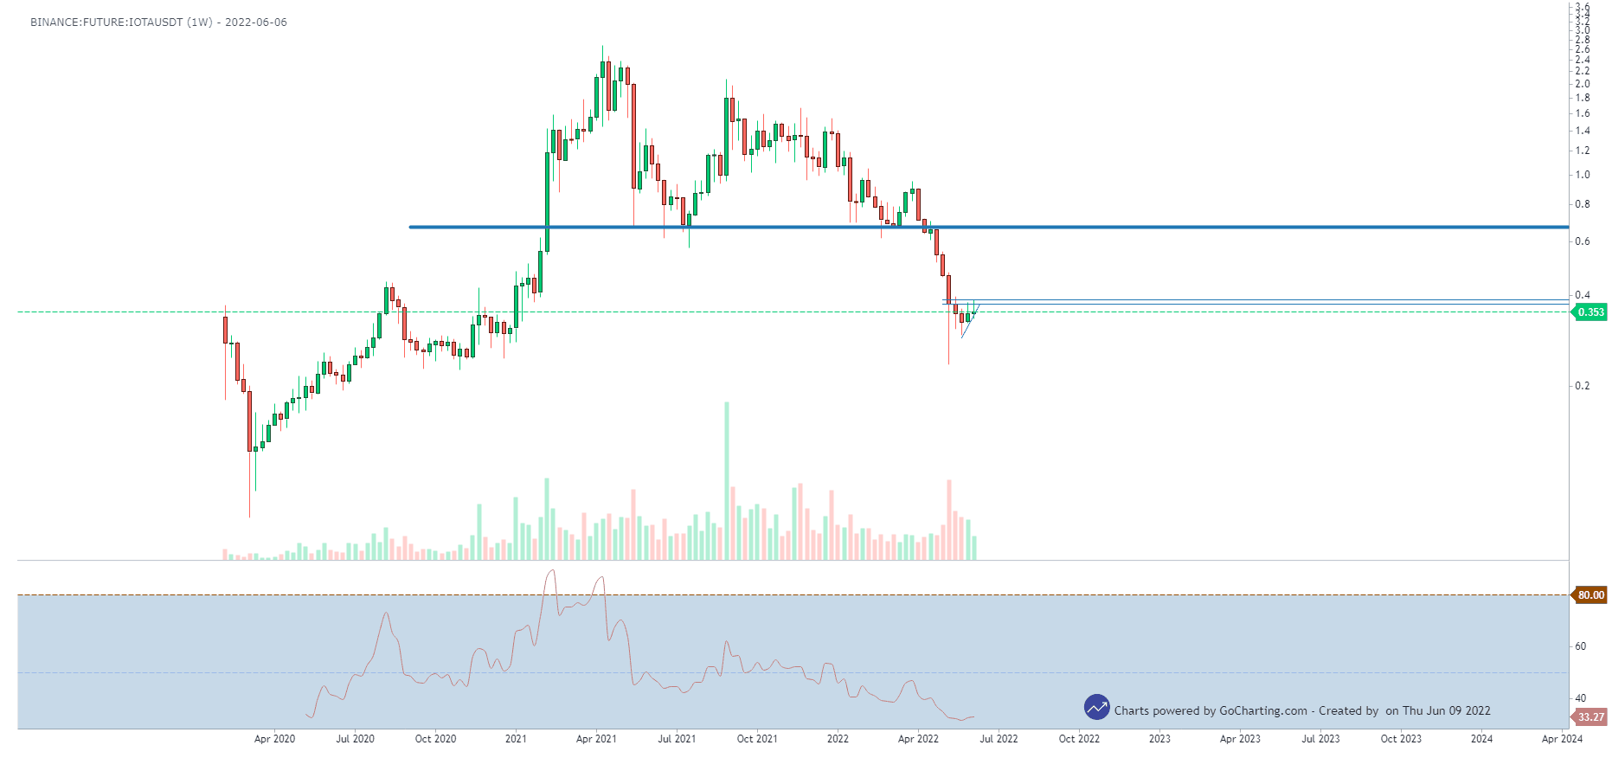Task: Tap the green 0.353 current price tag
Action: coord(1590,312)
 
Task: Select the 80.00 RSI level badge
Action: coord(1590,595)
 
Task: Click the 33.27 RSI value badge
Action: coord(1590,717)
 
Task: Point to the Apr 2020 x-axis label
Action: coord(274,739)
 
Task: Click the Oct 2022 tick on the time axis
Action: coord(1079,739)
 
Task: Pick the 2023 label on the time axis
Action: coord(1159,739)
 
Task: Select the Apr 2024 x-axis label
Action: coord(1562,739)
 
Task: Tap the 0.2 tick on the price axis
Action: coord(1583,386)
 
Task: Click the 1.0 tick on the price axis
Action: coord(1583,175)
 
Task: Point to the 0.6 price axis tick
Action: coord(1583,241)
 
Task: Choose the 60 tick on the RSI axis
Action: coord(1581,646)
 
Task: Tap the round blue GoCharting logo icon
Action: coord(1096,708)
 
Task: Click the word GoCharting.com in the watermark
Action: coord(1262,711)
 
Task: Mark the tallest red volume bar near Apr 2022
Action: coord(949,520)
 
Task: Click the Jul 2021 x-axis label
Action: coord(677,739)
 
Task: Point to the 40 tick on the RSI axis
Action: coord(1581,698)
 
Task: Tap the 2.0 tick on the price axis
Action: coord(1583,84)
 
